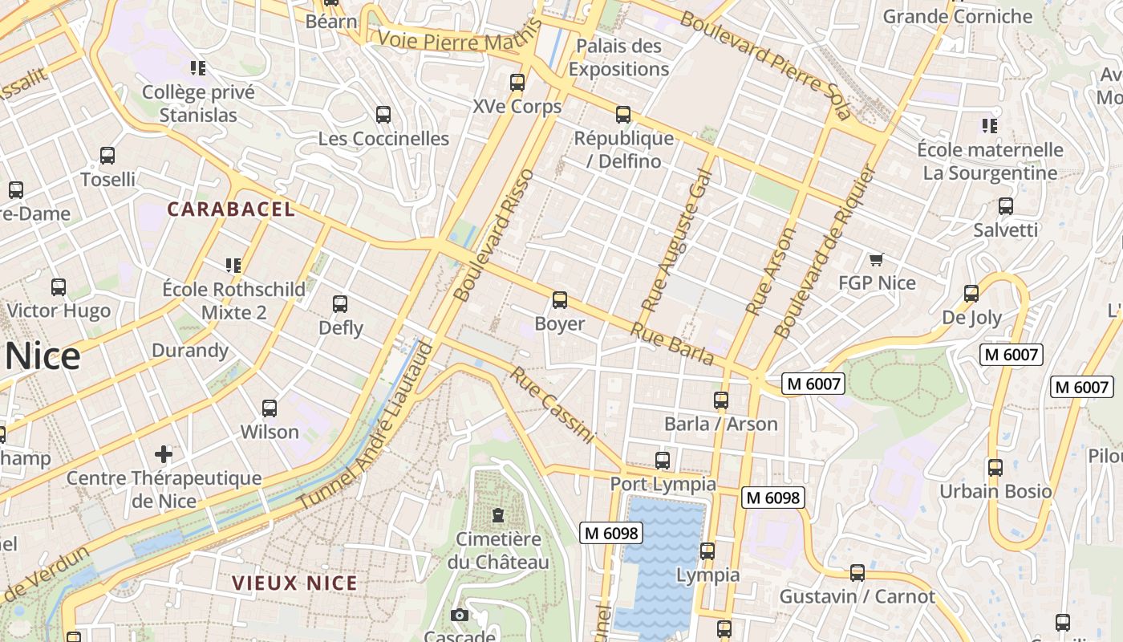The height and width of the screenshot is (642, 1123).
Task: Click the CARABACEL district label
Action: click(x=231, y=210)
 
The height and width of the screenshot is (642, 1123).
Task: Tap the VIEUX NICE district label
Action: click(x=295, y=583)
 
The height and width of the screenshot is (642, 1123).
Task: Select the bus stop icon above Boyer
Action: click(x=559, y=300)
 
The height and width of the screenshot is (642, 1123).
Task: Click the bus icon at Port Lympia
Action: click(x=663, y=461)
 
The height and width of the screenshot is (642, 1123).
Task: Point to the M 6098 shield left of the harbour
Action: click(x=611, y=533)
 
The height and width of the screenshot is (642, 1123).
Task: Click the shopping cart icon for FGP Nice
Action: click(x=876, y=259)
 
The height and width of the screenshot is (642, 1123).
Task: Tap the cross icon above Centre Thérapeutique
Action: click(x=164, y=454)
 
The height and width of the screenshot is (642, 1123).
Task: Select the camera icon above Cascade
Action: click(x=460, y=616)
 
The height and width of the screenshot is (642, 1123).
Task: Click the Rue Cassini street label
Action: click(x=553, y=405)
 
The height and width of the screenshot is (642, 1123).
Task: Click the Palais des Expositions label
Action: click(x=618, y=58)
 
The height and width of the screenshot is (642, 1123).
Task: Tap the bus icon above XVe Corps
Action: click(x=517, y=82)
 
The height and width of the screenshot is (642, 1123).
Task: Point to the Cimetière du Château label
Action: click(x=498, y=550)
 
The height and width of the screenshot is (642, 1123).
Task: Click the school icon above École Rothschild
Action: click(x=233, y=265)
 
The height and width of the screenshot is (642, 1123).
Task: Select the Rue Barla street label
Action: click(x=671, y=343)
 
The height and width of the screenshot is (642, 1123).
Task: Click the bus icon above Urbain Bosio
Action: click(x=995, y=467)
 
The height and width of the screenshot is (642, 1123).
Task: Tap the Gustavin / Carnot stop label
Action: click(x=857, y=596)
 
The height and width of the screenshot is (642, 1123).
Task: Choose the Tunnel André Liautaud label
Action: click(x=365, y=425)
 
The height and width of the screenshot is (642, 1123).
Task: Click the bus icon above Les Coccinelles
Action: click(x=383, y=115)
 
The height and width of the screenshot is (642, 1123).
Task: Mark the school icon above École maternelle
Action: click(x=990, y=126)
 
